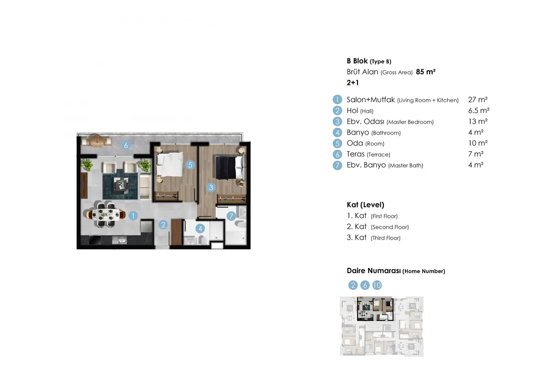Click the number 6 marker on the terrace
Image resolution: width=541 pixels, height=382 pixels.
pos(126,146)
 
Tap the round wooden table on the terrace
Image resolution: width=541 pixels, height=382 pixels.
pos(97,141)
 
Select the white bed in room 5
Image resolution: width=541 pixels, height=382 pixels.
pos(169,164)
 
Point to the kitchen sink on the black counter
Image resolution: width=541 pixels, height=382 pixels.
pos(119,240)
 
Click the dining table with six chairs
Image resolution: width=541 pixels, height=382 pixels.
pos(106,215)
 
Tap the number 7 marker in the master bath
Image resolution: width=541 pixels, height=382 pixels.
pos(231,216)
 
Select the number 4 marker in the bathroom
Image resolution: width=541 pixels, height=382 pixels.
pos(200,228)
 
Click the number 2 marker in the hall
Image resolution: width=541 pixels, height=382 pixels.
pos(163,225)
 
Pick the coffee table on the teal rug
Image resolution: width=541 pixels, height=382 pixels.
pos(120,185)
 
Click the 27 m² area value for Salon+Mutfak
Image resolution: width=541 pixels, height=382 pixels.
pos(477,100)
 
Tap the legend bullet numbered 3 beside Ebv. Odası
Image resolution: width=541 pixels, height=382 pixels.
pos(337,121)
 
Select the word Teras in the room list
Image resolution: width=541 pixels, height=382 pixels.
pos(356,154)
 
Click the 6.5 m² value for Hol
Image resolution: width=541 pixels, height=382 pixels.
pos(478,111)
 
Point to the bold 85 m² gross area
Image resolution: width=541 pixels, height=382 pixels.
pos(425,72)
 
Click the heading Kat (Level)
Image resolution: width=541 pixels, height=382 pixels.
pos(366,205)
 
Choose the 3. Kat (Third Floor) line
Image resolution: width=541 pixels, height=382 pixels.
pos(373,237)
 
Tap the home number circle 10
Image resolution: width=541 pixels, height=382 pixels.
pos(377,285)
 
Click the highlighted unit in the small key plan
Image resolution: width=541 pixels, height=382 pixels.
pos(375,308)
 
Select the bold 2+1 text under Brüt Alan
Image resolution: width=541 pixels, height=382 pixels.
pos(353,83)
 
